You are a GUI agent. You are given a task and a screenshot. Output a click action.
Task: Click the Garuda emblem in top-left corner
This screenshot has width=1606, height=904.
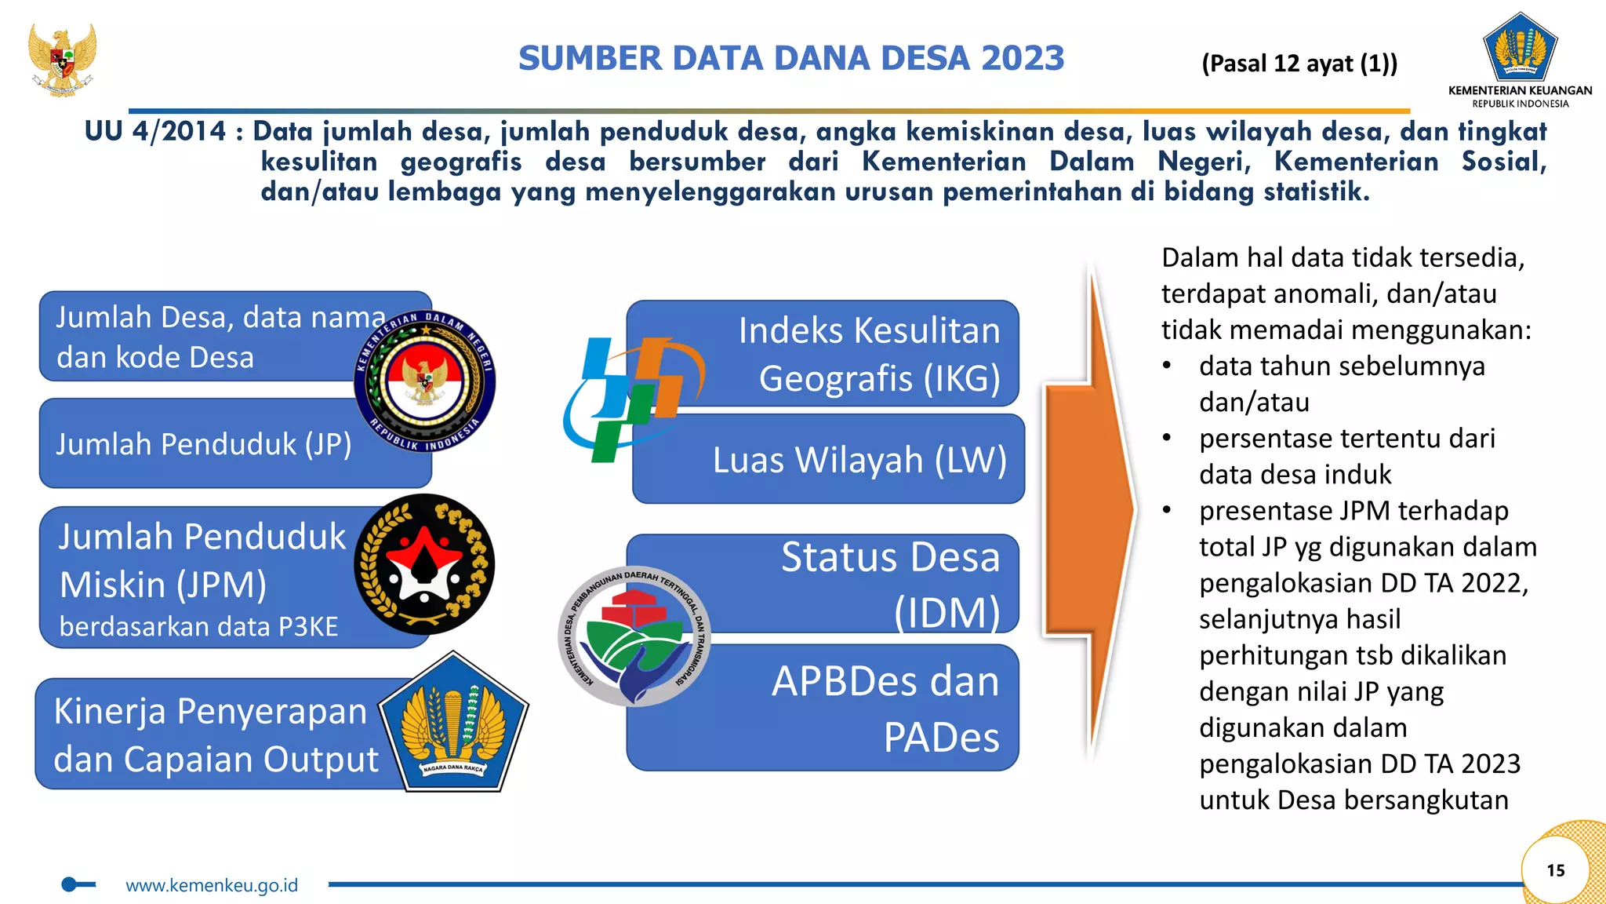[x=62, y=60]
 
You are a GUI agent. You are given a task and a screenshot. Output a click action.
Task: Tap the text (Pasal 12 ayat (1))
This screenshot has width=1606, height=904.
[x=1299, y=64]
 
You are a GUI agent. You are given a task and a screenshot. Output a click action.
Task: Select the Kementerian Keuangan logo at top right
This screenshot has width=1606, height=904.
[x=1520, y=49]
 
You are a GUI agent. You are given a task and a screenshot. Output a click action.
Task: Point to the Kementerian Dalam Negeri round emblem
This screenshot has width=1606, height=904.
[x=424, y=381]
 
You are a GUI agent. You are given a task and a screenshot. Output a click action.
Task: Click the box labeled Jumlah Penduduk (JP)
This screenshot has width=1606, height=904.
[x=204, y=445]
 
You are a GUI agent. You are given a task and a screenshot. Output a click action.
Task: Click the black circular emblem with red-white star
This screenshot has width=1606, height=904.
[x=424, y=564]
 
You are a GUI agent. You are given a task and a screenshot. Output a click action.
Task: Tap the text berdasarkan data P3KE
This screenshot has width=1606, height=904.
[x=198, y=627]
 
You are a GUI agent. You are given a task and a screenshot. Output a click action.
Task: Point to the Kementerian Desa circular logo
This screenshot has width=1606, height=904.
[x=634, y=636]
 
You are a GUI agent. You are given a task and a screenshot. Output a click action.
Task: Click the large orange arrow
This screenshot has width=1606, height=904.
[x=1090, y=510]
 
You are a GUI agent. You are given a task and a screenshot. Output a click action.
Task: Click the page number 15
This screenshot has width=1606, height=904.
[x=1555, y=870]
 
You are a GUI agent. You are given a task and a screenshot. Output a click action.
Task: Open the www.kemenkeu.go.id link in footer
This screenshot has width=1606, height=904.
[x=212, y=885]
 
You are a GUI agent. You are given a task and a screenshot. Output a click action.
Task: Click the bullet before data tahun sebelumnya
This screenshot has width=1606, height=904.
[x=1167, y=366]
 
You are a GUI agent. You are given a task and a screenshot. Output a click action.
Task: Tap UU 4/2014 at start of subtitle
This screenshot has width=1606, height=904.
[x=154, y=131]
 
